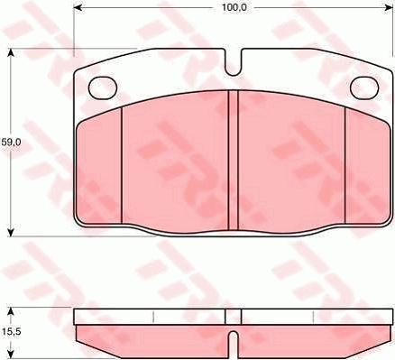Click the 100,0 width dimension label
[234, 7]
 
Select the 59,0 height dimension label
[11, 142]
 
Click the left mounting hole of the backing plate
[105, 87]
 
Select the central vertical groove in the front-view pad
[234, 162]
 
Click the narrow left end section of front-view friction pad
[99, 167]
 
